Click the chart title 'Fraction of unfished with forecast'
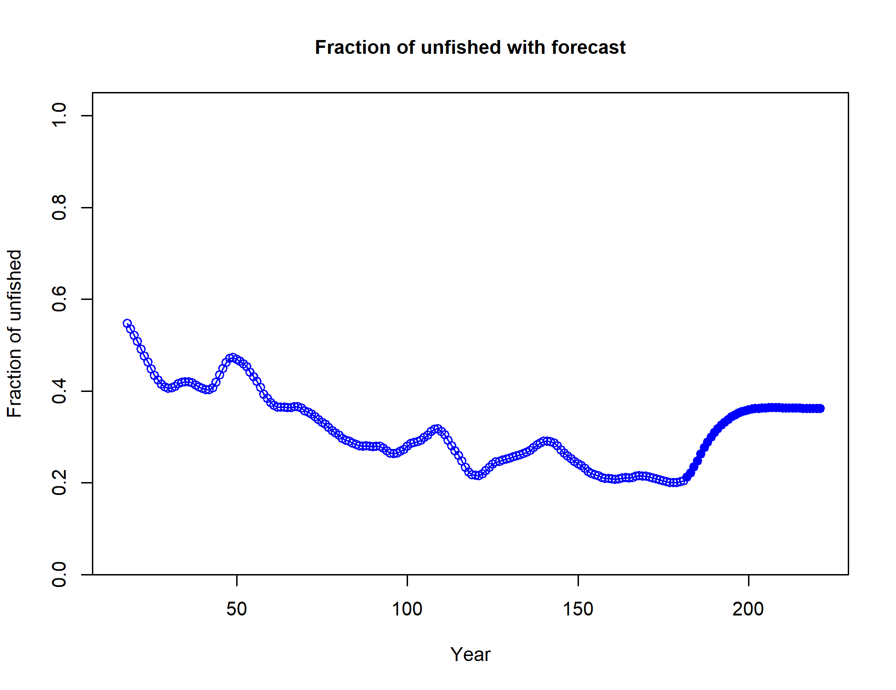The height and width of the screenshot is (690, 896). click(x=470, y=47)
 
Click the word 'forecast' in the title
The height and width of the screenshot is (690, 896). click(x=589, y=47)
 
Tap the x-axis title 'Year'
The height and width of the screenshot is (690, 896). click(x=470, y=654)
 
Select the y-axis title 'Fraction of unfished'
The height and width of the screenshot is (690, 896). click(x=15, y=333)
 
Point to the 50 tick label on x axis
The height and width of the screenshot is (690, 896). click(x=237, y=609)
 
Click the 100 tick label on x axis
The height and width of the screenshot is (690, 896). click(x=407, y=609)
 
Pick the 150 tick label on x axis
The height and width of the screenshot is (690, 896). click(x=578, y=609)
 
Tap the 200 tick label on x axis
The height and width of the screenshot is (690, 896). click(x=749, y=609)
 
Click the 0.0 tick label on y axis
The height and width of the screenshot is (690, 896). click(x=59, y=575)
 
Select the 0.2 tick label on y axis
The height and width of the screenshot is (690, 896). click(x=59, y=483)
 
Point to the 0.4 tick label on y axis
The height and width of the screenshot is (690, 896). click(x=59, y=391)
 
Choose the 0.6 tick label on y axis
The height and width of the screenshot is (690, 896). click(x=59, y=299)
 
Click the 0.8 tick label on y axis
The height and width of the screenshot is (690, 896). click(x=59, y=207)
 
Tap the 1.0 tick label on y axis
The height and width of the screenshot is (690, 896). click(x=59, y=115)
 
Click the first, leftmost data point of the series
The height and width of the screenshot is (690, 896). click(x=127, y=323)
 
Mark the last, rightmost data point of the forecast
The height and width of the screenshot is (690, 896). click(x=820, y=408)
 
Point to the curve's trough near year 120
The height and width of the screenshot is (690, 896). click(x=477, y=475)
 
